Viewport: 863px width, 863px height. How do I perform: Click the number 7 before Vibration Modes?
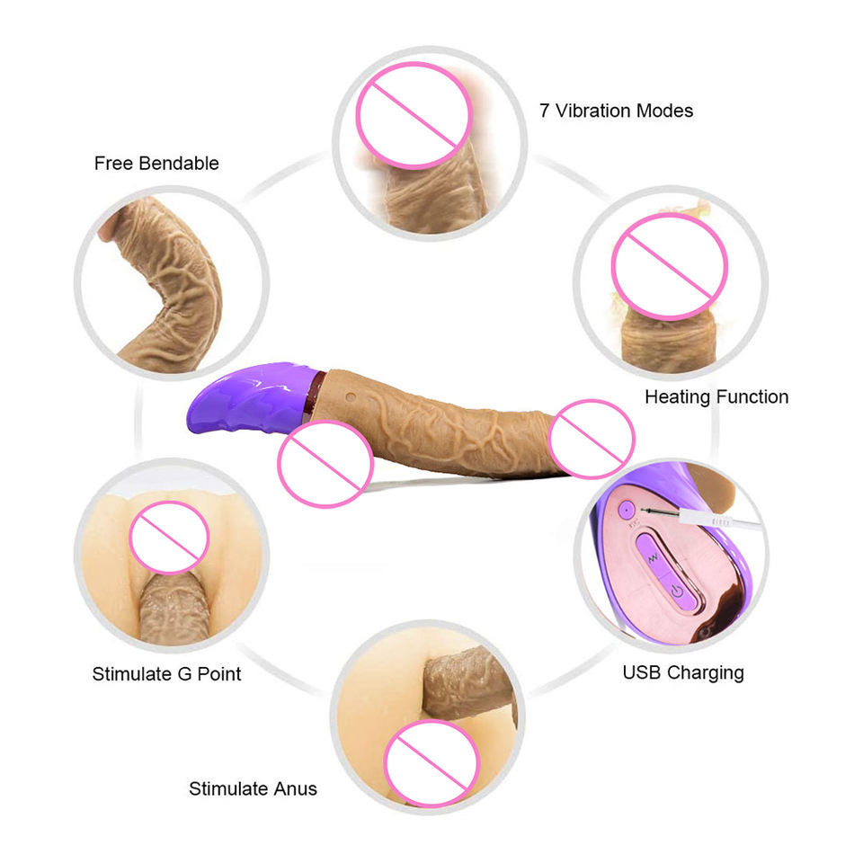click(x=544, y=111)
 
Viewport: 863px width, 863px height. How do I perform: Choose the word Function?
click(x=752, y=396)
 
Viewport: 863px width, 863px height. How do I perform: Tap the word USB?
click(x=642, y=672)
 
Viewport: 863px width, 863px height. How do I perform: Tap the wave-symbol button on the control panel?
click(x=653, y=558)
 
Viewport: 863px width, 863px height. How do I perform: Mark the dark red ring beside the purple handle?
click(x=312, y=394)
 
